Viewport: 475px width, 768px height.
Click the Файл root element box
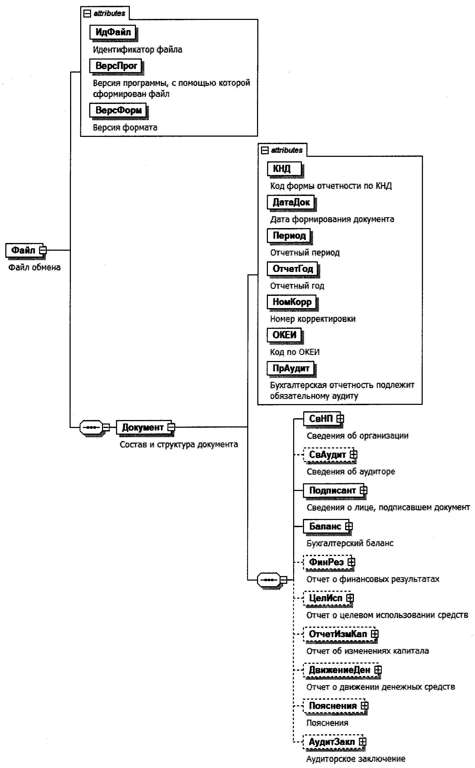coord(23,250)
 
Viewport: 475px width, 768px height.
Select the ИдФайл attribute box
coord(113,32)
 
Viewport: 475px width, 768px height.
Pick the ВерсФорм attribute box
coord(118,110)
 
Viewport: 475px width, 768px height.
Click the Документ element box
coord(143,427)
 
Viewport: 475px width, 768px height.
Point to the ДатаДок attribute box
coord(291,202)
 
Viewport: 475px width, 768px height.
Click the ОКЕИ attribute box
coord(284,335)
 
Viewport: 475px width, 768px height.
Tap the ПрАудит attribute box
coord(290,368)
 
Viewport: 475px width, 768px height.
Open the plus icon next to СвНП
coord(340,419)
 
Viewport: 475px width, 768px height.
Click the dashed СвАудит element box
coord(327,455)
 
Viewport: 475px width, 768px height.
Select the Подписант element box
coord(332,490)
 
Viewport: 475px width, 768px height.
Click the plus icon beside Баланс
coord(349,526)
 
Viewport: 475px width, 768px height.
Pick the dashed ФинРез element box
coord(326,562)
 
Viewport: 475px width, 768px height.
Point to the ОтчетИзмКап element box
coord(338,634)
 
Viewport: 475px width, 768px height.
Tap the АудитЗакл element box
coord(331,742)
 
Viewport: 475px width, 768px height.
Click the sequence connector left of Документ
coord(91,427)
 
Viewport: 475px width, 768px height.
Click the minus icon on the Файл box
coord(43,250)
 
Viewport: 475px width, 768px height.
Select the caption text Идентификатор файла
coord(137,50)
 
